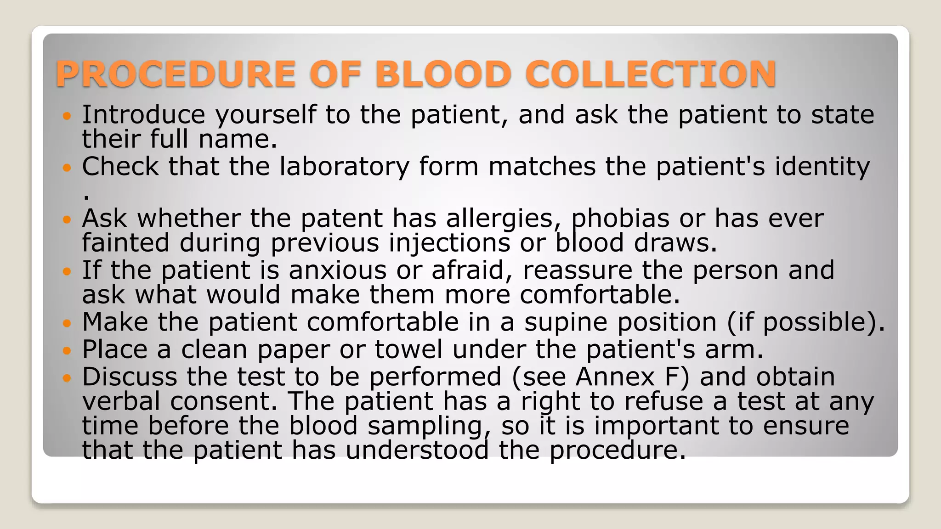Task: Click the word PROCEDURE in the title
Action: click(175, 74)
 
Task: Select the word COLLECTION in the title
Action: click(651, 74)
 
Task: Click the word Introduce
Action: click(143, 114)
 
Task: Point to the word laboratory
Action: click(344, 166)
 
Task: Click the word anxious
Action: click(337, 270)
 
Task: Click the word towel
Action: click(408, 349)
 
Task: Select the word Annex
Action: click(615, 377)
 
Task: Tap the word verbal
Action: click(121, 401)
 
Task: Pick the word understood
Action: click(417, 450)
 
